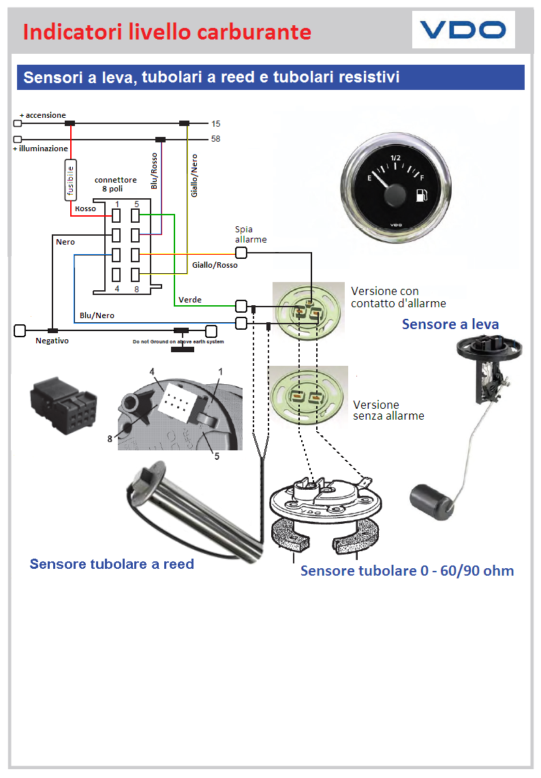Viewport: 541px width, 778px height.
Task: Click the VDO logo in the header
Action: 463,30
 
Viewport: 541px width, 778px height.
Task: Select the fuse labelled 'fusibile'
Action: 70,180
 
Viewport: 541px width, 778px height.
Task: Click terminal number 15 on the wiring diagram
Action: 216,124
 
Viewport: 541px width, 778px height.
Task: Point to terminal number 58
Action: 216,139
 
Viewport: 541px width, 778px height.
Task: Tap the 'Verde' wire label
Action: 190,300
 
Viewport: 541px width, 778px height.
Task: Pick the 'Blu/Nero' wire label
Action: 97,315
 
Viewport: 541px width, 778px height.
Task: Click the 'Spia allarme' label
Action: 251,235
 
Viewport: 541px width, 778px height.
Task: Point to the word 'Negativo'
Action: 52,341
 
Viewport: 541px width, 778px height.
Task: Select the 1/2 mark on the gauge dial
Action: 396,159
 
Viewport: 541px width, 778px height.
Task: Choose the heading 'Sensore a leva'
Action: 450,324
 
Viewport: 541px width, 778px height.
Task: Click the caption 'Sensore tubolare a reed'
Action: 112,564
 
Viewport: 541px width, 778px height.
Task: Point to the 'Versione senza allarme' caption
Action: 388,410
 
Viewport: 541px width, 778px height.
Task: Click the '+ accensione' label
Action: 43,115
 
